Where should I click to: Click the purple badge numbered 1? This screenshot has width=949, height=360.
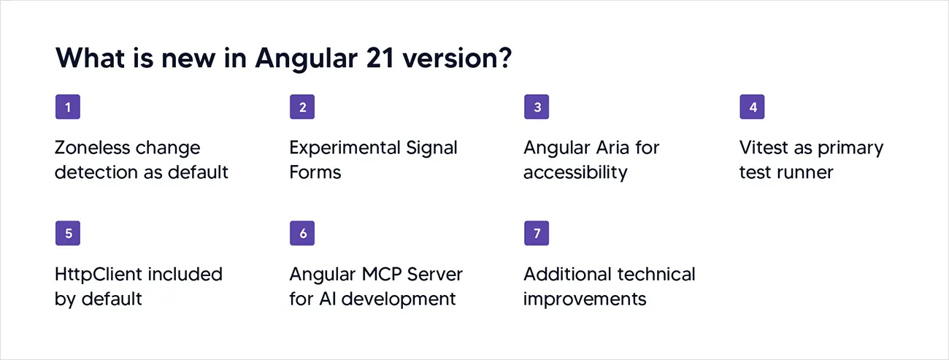68,107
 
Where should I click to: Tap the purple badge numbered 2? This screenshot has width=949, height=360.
302,107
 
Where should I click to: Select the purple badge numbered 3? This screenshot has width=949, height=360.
537,107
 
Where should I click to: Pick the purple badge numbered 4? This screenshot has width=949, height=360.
752,107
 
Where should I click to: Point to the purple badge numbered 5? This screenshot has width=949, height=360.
68,234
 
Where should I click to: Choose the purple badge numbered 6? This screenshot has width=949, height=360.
302,234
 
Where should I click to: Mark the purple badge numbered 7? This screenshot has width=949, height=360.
537,234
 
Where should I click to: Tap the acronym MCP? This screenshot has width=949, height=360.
380,275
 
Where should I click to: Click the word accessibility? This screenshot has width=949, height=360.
575,172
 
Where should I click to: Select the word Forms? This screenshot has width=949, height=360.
315,172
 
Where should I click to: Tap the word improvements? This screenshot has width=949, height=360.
585,299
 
